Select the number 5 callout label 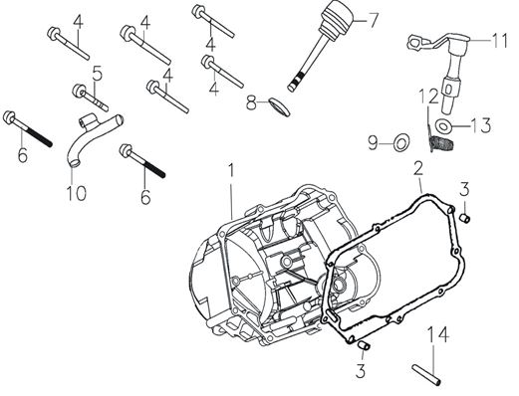pos(98,72)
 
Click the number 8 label pos(252,99)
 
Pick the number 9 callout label pos(372,141)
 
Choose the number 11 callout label pos(496,41)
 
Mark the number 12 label pos(425,97)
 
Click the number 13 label pos(481,125)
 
